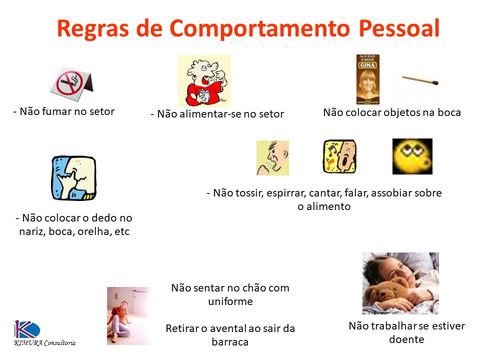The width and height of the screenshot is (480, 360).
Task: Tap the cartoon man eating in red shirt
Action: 204,81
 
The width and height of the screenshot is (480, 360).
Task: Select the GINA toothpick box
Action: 367,79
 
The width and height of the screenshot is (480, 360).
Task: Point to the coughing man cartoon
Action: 272,157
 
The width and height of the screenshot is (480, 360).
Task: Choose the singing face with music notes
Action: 339,156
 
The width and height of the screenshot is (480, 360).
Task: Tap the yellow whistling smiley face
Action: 412,156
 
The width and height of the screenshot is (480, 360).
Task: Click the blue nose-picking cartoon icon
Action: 73,178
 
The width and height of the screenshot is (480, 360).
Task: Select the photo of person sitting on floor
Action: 128,316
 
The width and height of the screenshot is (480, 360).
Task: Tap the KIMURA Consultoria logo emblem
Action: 27,329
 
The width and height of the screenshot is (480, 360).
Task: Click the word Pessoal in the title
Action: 399,28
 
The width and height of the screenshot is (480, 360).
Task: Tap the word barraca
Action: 230,342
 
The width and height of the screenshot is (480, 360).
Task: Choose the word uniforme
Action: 230,301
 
